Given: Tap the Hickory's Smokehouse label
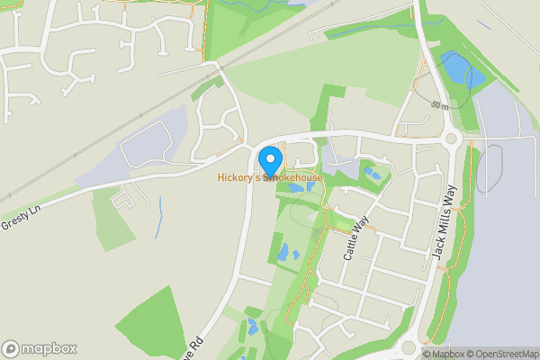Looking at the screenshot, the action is [x=269, y=178].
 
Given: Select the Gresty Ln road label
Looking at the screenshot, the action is [x=22, y=219].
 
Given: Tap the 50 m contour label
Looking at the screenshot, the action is [x=439, y=106].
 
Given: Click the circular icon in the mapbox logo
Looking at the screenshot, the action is [x=12, y=348].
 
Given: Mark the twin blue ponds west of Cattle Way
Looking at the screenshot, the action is [x=287, y=253].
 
